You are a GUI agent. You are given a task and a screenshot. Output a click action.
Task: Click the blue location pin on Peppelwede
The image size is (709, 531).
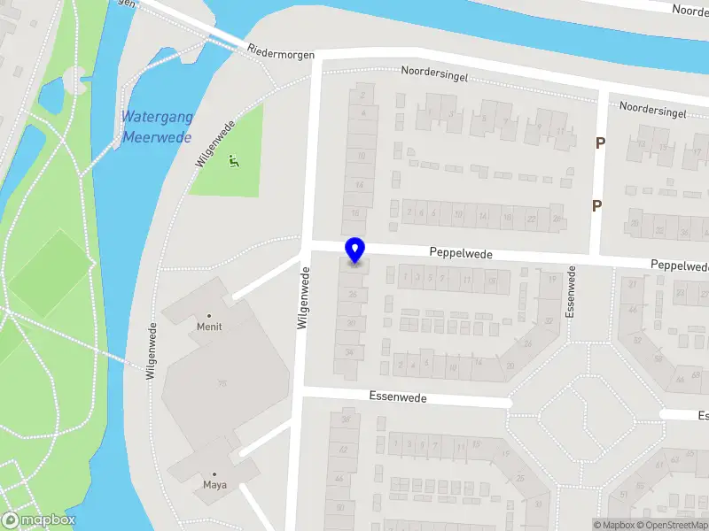(x=355, y=250)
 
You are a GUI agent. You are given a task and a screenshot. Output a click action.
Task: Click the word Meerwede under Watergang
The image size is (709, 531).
(x=158, y=136)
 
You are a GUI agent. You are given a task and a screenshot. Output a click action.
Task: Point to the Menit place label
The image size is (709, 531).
(x=209, y=327)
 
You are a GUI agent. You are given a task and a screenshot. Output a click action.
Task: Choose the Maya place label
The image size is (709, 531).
(x=214, y=484)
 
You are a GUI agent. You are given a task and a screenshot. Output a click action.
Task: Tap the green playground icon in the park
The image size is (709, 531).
(x=234, y=160)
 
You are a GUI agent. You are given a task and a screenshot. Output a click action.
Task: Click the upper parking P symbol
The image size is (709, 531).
(x=600, y=142)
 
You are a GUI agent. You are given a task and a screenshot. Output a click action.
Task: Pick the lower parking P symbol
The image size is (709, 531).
(x=597, y=205)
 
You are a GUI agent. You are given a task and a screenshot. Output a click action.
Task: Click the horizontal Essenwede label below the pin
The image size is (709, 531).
(x=400, y=398)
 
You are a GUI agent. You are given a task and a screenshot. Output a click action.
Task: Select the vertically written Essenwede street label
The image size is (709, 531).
(x=573, y=292)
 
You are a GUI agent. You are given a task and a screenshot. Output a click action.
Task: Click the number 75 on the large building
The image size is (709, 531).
(x=222, y=383)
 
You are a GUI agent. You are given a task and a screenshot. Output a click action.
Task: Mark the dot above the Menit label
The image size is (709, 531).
(x=209, y=315)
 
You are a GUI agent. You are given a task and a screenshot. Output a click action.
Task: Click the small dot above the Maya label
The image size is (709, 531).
(x=214, y=473)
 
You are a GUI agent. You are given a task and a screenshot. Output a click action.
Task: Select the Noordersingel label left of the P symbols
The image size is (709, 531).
(x=432, y=71)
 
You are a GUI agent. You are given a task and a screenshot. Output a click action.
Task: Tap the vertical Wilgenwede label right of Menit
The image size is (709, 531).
(x=303, y=301)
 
